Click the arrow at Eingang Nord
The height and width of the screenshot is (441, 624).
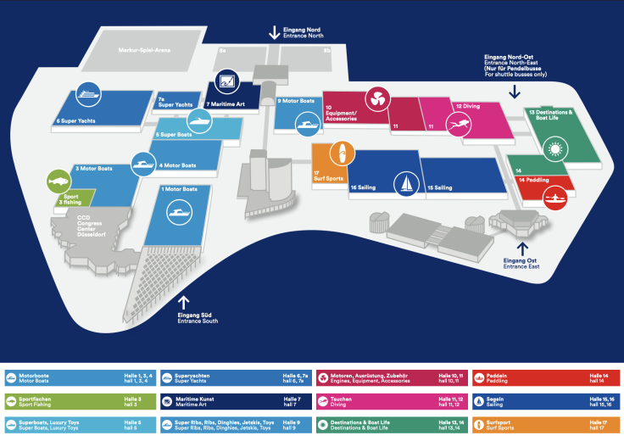tap(274, 32)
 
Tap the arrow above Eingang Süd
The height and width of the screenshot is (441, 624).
tap(184, 301)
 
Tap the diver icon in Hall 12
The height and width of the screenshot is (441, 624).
tap(460, 126)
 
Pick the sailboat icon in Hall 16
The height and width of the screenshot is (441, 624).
tap(407, 182)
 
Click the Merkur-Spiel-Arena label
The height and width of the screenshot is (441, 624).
tap(145, 50)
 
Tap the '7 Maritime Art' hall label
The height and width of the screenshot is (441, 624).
tap(226, 104)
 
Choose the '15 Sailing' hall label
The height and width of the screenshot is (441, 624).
tap(441, 187)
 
